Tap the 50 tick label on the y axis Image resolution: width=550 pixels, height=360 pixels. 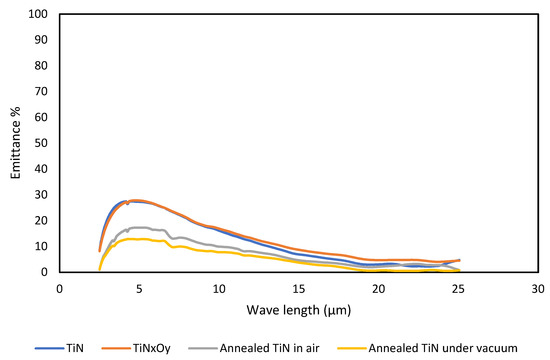click(43, 143)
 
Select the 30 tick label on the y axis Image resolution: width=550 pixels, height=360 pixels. click(43, 195)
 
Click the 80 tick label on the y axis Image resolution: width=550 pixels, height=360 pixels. click(43, 66)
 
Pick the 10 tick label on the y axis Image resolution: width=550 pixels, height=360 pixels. click(43, 246)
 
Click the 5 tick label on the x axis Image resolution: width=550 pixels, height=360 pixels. click(139, 287)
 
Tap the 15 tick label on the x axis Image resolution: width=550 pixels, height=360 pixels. click(298, 287)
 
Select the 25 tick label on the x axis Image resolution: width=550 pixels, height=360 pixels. click(458, 287)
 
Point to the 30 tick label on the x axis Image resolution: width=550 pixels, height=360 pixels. click(537, 287)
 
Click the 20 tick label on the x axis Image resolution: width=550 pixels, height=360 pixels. click(378, 287)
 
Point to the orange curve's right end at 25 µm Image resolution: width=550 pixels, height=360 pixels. click(459, 260)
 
